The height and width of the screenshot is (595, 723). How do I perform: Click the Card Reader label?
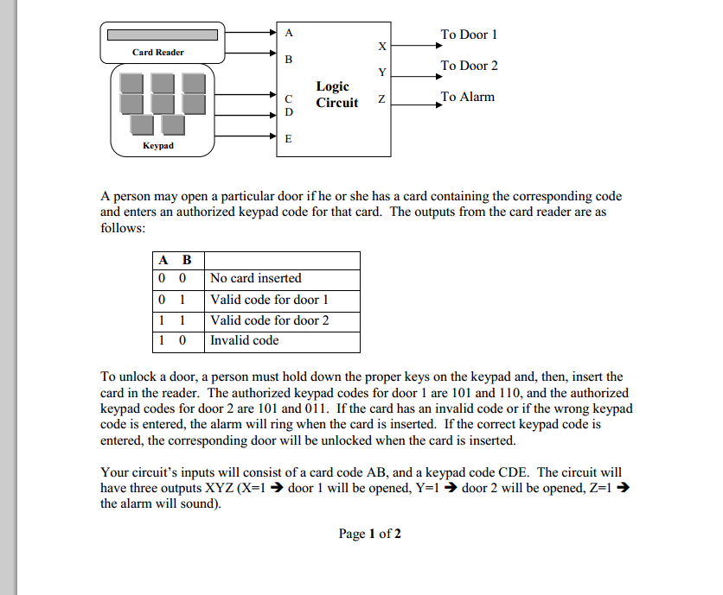157,53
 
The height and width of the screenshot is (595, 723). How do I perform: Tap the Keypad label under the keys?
157,146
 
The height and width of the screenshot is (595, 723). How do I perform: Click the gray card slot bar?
162,35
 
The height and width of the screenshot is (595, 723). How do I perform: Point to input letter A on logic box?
289,33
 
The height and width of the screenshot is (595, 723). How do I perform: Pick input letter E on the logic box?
289,138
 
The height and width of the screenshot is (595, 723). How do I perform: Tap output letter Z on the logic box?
381,102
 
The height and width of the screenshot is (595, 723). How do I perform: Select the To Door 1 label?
469,35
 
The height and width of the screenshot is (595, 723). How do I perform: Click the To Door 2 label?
469,66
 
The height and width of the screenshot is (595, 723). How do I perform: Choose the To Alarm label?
467,97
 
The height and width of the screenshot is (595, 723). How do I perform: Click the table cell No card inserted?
255,278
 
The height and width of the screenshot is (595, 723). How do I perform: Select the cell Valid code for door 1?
269,300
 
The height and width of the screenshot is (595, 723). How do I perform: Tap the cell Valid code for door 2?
269,320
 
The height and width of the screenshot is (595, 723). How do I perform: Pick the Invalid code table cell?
244,340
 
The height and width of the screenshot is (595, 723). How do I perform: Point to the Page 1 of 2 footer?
369,534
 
